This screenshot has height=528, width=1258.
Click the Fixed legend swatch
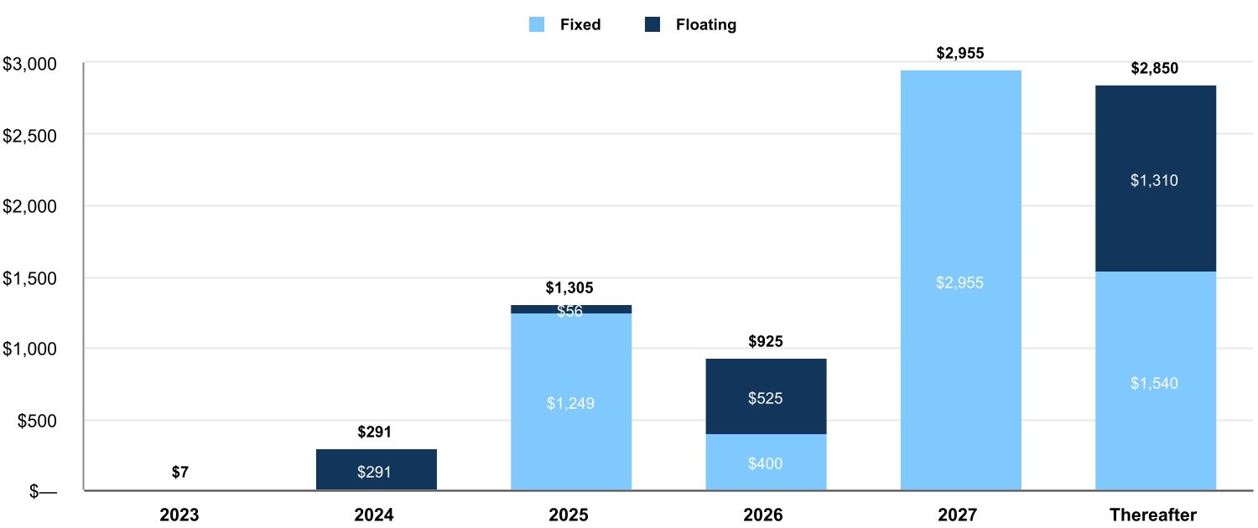click(x=538, y=25)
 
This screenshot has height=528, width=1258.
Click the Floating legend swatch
click(x=653, y=25)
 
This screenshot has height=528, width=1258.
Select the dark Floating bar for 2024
click(x=377, y=469)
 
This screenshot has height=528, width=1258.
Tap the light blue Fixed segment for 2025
click(x=571, y=401)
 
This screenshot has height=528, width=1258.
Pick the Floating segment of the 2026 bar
click(x=766, y=396)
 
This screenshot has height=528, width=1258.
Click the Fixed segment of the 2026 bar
click(x=766, y=462)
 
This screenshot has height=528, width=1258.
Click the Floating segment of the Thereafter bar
click(x=1155, y=179)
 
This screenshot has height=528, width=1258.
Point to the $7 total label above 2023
click(x=180, y=472)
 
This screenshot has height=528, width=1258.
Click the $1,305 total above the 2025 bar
click(x=569, y=288)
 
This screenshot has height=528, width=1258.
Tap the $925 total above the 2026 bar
click(x=766, y=342)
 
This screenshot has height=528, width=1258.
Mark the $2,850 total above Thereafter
click(x=1155, y=69)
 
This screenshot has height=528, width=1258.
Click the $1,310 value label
click(x=1155, y=180)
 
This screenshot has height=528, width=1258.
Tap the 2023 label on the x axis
click(x=180, y=515)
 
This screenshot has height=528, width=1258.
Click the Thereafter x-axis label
click(x=1154, y=515)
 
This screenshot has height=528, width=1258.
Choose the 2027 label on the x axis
click(x=959, y=515)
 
